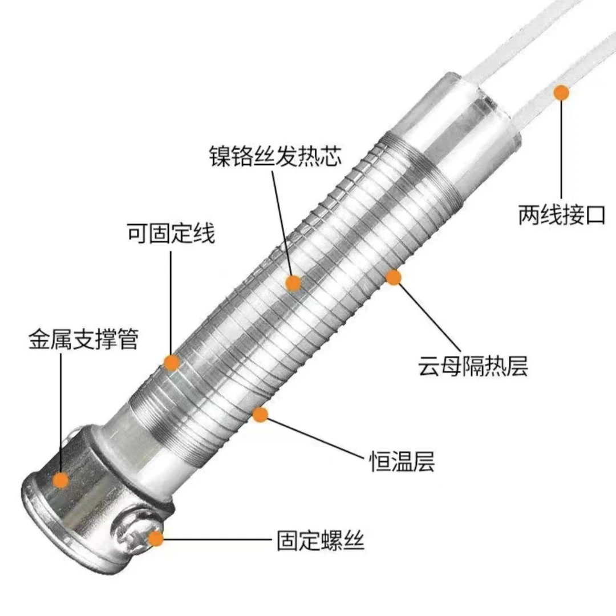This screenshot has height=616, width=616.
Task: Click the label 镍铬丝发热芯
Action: [275, 156]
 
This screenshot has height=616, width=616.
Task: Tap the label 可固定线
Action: [171, 233]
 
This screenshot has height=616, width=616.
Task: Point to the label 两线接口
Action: [562, 215]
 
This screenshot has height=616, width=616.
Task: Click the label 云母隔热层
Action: [473, 366]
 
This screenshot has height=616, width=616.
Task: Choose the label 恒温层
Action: [402, 461]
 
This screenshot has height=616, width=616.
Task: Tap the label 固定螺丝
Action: [321, 540]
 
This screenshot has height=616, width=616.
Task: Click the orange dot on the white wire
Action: [561, 93]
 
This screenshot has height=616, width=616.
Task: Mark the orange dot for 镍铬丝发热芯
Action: [293, 283]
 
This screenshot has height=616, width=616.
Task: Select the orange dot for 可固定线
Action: [171, 362]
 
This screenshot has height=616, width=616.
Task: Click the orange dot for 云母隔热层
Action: [393, 278]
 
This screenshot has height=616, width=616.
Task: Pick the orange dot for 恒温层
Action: [260, 415]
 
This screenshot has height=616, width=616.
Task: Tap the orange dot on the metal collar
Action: [61, 480]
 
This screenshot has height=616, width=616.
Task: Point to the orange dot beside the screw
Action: [156, 538]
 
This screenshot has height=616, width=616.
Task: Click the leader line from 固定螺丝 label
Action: [218, 539]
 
